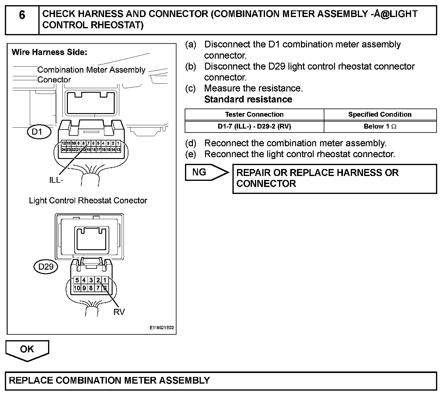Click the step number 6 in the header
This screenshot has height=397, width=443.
pos(22,15)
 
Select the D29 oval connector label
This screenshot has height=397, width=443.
pos(46,267)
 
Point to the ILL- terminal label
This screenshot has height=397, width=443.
pos(56,180)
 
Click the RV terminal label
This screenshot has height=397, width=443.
pos(119,312)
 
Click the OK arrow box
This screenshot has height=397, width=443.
pos(27,350)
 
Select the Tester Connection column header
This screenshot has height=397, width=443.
pos(254,115)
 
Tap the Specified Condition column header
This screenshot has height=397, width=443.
pos(380,115)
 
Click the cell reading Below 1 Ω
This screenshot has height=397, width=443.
pos(380,126)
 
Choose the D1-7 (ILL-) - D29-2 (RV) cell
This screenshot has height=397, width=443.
pos(254,126)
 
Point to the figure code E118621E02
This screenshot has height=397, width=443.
pos(162,328)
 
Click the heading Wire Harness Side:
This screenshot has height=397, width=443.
pos(49,52)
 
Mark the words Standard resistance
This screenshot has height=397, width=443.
pos(248,99)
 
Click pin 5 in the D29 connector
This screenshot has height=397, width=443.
pos(77,280)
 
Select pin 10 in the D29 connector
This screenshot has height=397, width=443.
pos(77,288)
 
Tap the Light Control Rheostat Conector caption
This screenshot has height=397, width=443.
pos(88,201)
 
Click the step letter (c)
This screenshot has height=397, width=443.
pos(191,88)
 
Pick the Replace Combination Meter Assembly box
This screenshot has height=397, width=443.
pos(221,381)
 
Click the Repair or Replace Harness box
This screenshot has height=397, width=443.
pos(334,178)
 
